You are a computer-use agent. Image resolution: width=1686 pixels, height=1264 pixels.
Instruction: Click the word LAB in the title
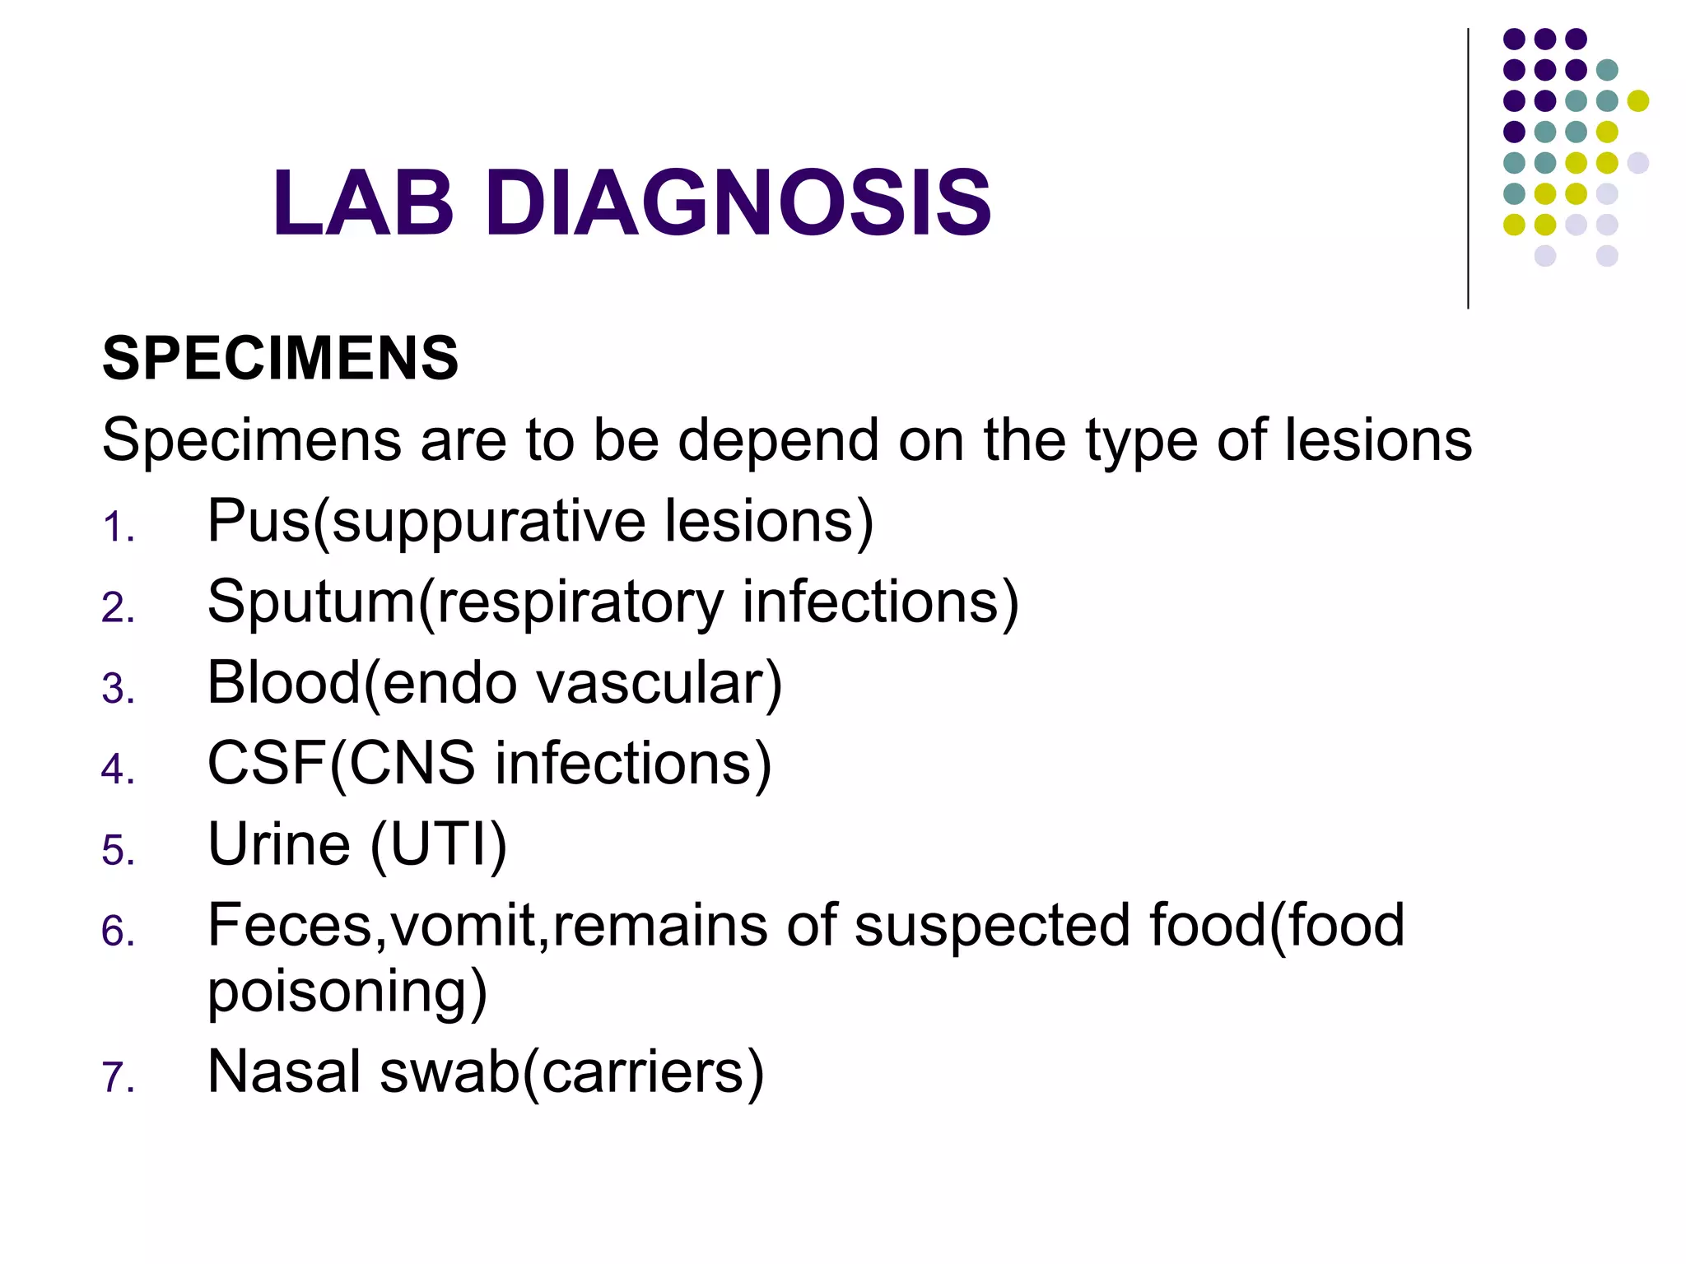pos(363,202)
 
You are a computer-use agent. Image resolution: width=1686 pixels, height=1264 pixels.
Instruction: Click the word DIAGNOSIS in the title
pos(738,202)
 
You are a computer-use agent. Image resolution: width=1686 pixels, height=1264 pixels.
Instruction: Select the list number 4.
pos(117,770)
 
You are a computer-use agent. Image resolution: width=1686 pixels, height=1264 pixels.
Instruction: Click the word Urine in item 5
pos(279,844)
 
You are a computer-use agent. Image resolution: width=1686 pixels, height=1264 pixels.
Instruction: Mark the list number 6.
pos(117,932)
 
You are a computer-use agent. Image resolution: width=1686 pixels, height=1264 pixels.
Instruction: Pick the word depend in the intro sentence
pos(778,441)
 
